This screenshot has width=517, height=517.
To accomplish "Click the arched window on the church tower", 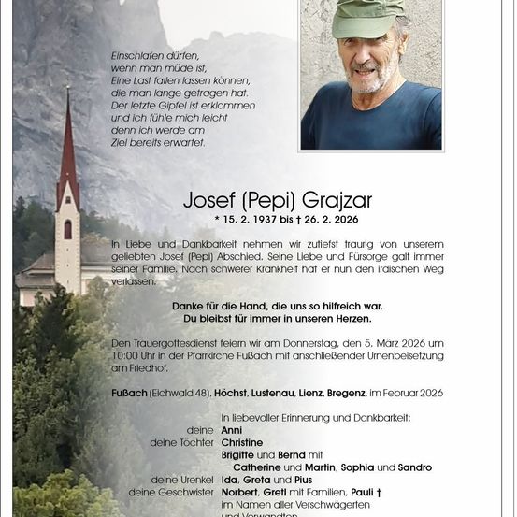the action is coord(67,229).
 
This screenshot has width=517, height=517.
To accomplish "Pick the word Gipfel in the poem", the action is coord(175,107).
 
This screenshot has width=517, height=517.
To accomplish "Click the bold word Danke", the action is coord(190,306).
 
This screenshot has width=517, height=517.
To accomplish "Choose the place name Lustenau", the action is coord(282,393).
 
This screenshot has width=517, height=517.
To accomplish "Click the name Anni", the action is coord(231,429).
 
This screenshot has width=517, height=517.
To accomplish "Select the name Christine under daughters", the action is coord(242,442).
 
